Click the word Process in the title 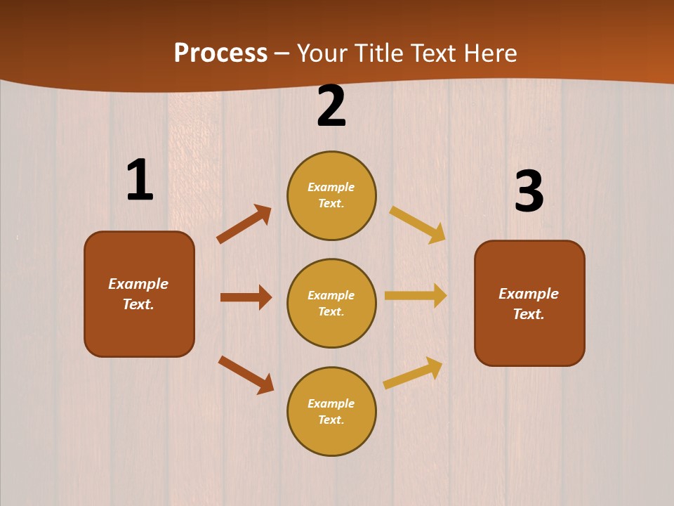tap(220, 53)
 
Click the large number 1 tap(140, 181)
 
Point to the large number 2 tap(331, 106)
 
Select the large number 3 tap(529, 192)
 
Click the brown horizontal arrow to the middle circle tap(246, 297)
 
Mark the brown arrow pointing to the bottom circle tap(246, 375)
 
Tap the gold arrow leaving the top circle tap(418, 225)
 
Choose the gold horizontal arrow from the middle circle tap(416, 296)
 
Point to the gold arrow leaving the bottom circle tap(414, 372)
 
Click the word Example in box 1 tap(138, 284)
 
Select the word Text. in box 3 tap(529, 314)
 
